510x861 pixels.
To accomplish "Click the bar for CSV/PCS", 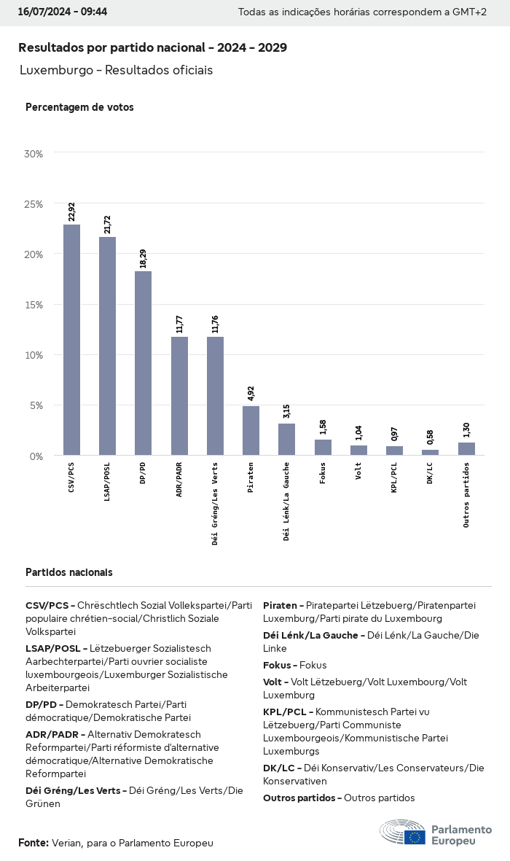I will pyautogui.click(x=71, y=340).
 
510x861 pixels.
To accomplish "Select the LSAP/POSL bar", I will pyautogui.click(x=107, y=346).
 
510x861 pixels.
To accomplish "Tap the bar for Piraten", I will pyautogui.click(x=251, y=430).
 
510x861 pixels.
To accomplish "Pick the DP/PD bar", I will pyautogui.click(x=143, y=363).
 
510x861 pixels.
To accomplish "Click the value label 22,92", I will pyautogui.click(x=71, y=212).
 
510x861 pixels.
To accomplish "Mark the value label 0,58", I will pyautogui.click(x=430, y=437).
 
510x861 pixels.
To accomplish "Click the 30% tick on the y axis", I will pyautogui.click(x=34, y=154).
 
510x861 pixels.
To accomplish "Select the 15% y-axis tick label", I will pyautogui.click(x=34, y=305).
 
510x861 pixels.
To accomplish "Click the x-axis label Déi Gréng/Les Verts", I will pyautogui.click(x=215, y=503).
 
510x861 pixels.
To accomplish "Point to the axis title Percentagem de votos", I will pyautogui.click(x=79, y=107).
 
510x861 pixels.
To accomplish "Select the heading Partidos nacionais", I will pyautogui.click(x=68, y=572).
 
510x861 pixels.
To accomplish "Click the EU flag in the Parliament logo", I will pyautogui.click(x=415, y=837).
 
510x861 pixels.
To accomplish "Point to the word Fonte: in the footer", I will pyautogui.click(x=33, y=843).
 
